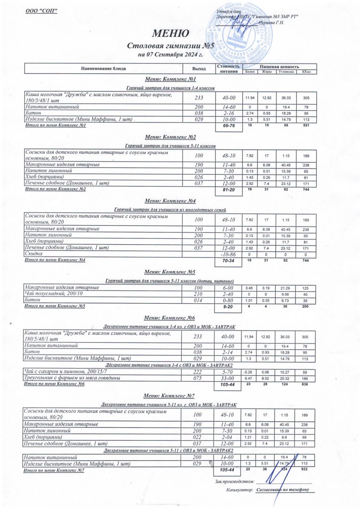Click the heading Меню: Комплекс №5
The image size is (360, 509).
point(170,272)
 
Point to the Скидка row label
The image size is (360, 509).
point(34,253)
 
